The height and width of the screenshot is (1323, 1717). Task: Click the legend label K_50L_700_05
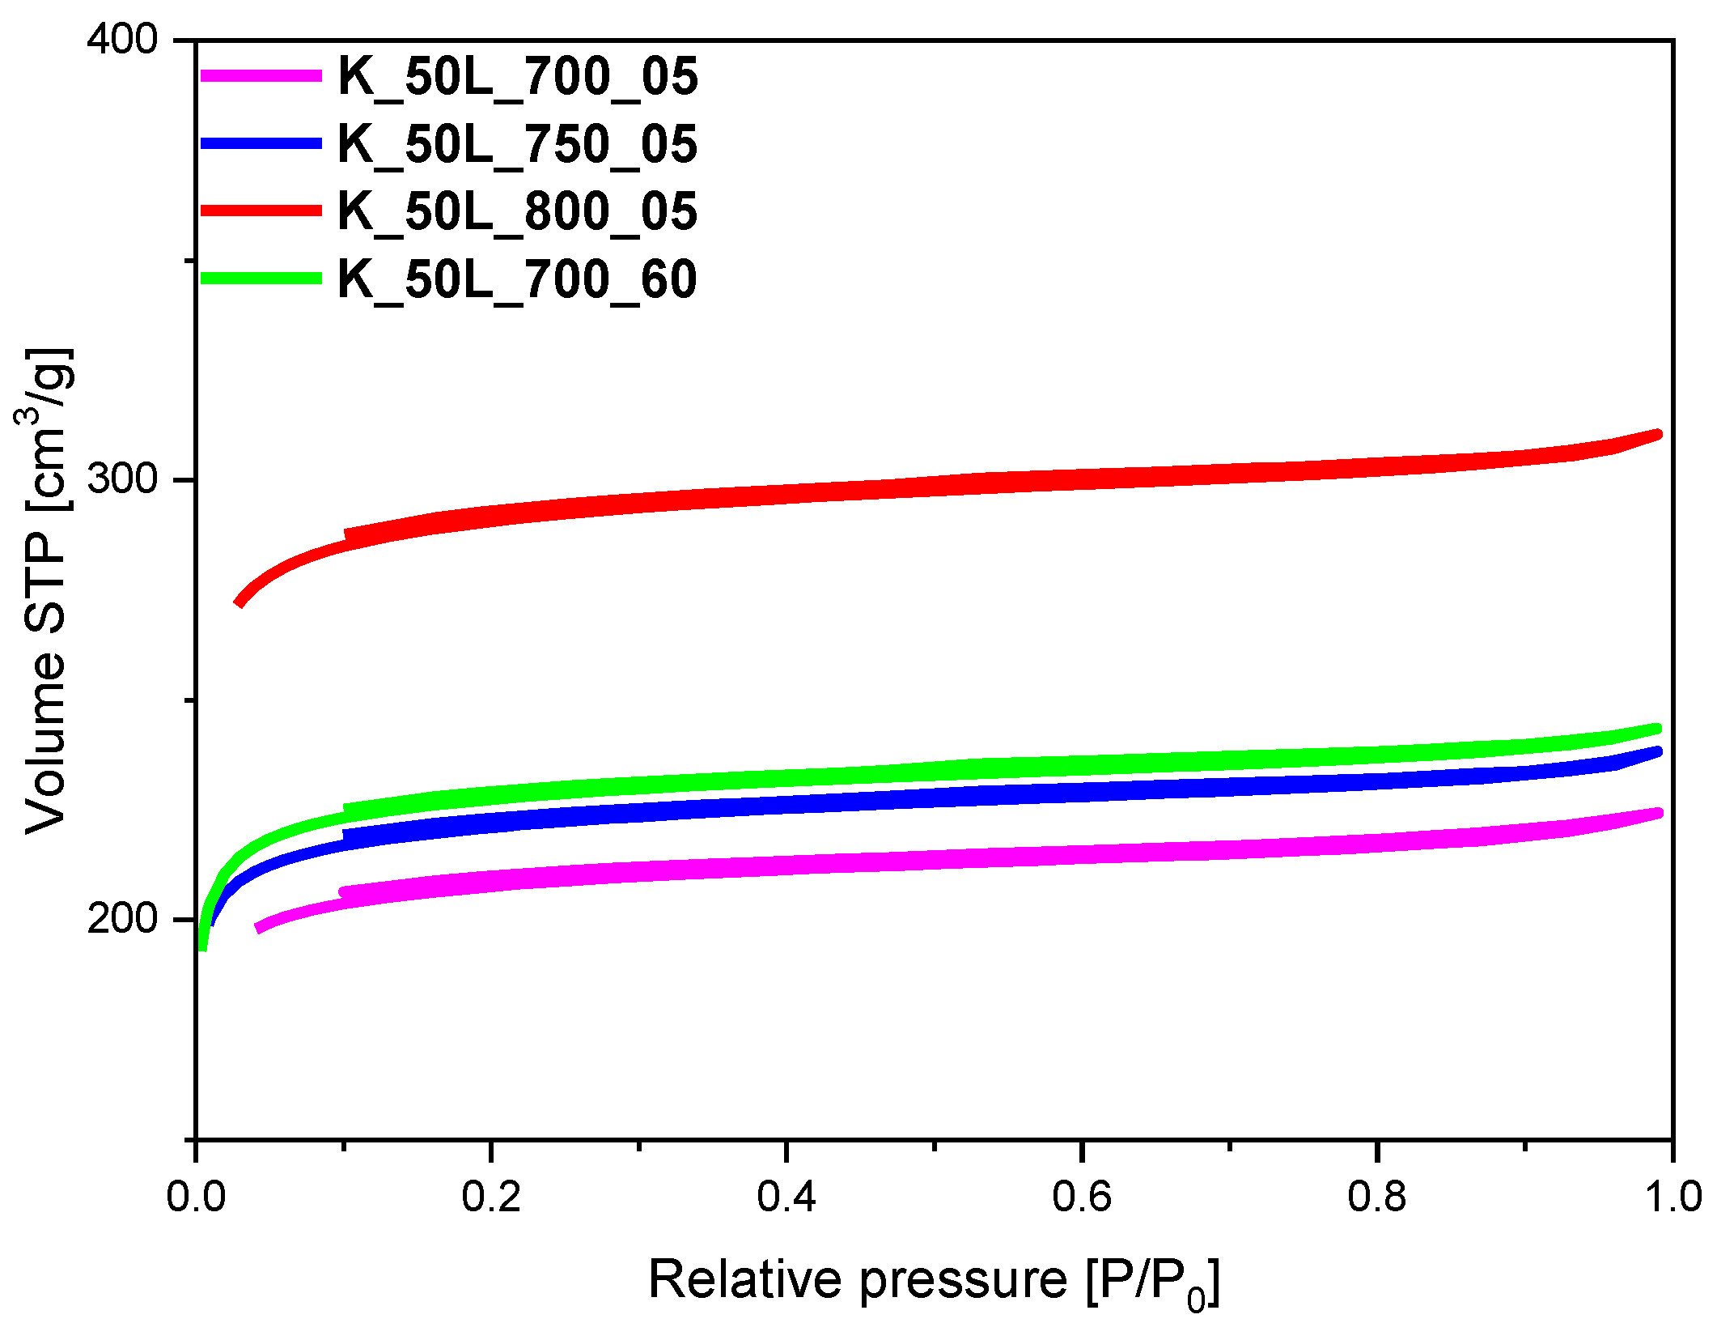click(x=517, y=77)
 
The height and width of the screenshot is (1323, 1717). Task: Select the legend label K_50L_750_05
click(x=517, y=144)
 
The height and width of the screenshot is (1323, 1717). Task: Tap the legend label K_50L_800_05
click(x=517, y=211)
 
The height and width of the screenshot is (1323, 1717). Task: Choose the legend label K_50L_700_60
click(x=517, y=279)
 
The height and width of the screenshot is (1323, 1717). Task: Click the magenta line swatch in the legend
click(x=261, y=75)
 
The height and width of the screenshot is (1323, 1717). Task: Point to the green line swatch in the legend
click(x=261, y=278)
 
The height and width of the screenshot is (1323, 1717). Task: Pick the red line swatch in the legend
click(x=261, y=211)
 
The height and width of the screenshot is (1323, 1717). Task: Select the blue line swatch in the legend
click(x=261, y=143)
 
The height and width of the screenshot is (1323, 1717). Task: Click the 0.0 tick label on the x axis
click(x=196, y=1197)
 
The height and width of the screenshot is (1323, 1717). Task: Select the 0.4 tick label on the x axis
click(x=786, y=1197)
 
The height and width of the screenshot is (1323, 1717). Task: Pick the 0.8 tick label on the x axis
click(x=1377, y=1197)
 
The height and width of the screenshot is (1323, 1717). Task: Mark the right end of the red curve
click(x=1658, y=435)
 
